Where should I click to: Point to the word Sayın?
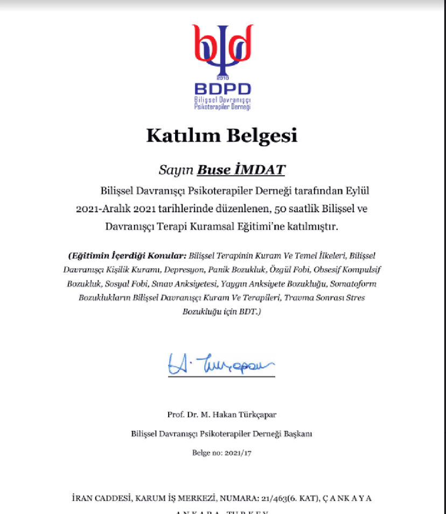tap(176, 170)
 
